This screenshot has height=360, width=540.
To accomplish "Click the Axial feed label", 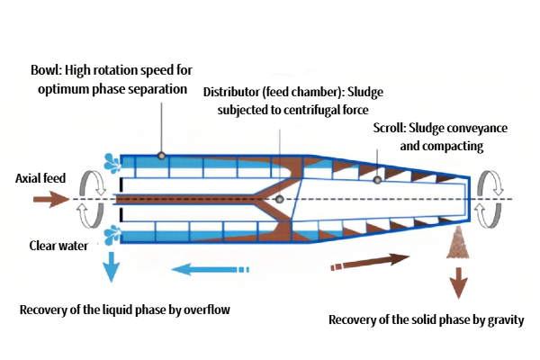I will coord(40,177).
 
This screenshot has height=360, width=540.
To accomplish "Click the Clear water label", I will coord(58,245).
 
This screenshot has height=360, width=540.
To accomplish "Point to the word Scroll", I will coord(388,129).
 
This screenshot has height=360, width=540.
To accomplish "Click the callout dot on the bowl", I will coord(161,156).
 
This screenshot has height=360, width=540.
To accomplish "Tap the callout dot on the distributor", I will coord(280,199).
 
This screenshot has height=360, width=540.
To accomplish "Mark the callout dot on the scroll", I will coord(378,180).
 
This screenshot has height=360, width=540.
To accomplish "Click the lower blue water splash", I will coord(111,235).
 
